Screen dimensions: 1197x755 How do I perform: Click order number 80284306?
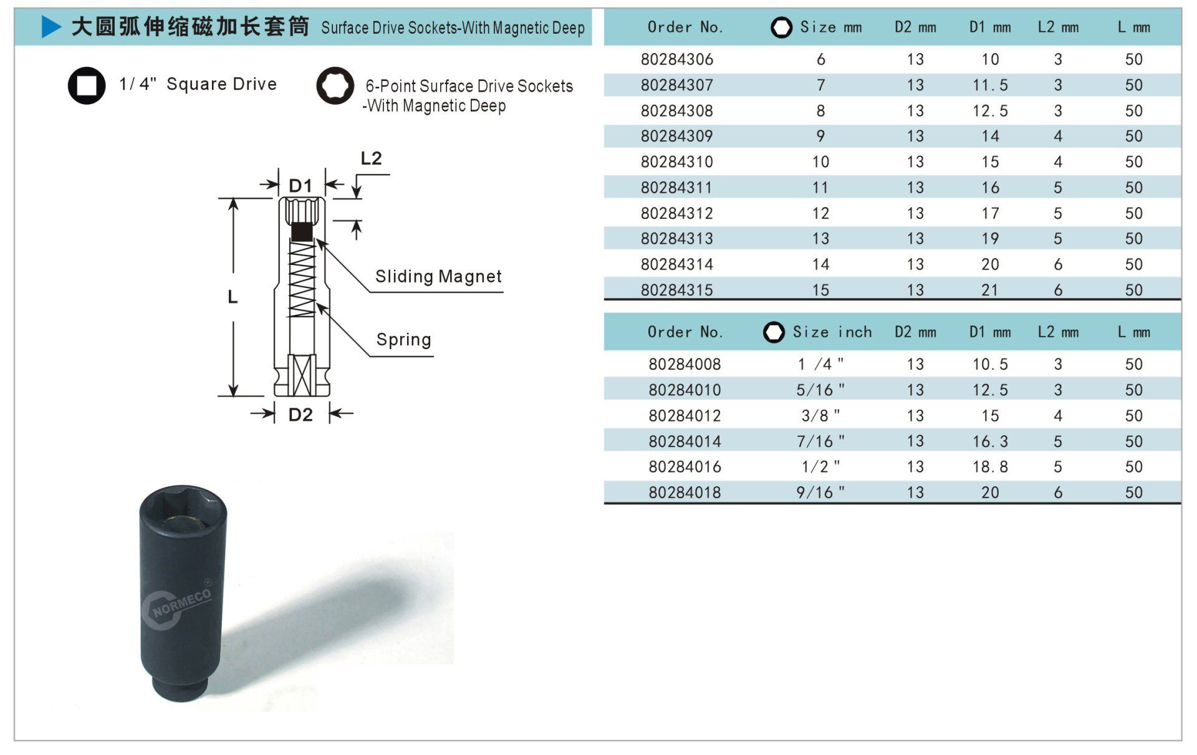coord(676,59)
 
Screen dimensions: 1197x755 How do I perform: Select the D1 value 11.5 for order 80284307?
coord(990,85)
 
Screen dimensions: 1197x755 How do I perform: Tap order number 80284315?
coord(676,290)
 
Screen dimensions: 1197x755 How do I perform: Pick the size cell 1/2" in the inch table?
coord(820,466)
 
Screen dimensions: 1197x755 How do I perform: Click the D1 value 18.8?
coord(990,466)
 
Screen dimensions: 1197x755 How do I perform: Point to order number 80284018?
coord(685,493)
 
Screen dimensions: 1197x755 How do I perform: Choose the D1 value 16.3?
coord(990,441)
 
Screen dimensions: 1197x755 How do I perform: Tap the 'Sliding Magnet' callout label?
coord(438,276)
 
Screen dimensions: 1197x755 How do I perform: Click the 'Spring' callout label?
coord(403,339)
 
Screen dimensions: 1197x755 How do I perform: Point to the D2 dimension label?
coord(300,415)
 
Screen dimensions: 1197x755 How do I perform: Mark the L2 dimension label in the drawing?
coord(371,158)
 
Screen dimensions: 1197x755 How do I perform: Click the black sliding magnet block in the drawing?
coord(302,231)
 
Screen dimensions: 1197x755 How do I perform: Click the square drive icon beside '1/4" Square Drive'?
coord(87,85)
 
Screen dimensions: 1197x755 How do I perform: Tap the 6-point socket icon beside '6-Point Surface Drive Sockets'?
coord(335,85)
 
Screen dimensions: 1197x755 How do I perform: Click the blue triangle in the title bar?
coord(51,27)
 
